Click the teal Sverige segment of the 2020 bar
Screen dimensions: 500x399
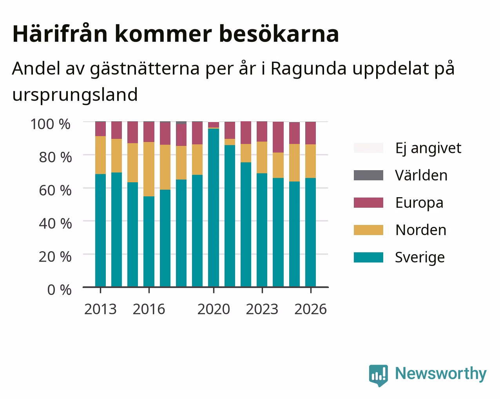coord(214,208)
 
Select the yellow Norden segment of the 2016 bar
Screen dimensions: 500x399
coord(149,169)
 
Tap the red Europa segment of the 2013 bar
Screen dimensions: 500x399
coord(100,129)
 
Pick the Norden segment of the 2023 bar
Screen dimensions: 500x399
coord(262,157)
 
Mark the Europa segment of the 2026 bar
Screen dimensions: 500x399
coord(310,133)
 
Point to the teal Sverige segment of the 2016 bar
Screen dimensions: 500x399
coord(149,242)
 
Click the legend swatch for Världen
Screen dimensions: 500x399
coord(368,175)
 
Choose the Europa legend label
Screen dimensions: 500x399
coord(419,203)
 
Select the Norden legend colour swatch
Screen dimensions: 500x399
coord(368,230)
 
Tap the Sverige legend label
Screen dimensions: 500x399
coord(420,257)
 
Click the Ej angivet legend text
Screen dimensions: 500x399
coord(428,148)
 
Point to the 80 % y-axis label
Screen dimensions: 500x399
coord(55,157)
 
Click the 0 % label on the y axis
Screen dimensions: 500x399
coord(59,290)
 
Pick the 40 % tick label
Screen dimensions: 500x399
coord(55,224)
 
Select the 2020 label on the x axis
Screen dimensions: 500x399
coord(214,309)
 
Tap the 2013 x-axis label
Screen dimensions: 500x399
coord(100,309)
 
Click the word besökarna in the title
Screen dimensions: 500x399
coord(279,34)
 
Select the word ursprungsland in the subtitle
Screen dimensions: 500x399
coord(75,95)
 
